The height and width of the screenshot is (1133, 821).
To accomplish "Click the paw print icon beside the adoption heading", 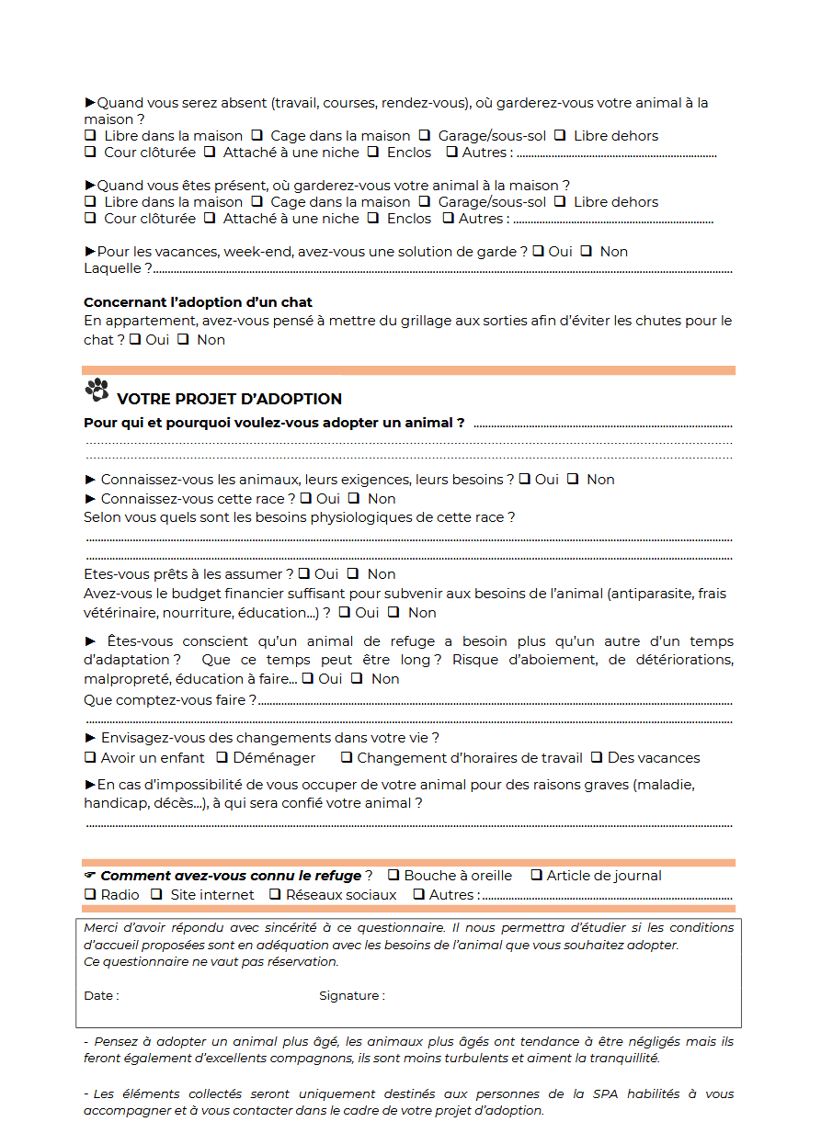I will [x=97, y=390].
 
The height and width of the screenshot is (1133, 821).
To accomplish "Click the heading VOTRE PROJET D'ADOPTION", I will [x=229, y=399].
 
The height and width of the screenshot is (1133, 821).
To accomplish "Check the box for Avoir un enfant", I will [x=90, y=758].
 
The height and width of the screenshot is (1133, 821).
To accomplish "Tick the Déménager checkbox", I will [x=222, y=758].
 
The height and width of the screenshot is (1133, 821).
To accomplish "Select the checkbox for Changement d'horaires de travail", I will [x=347, y=758].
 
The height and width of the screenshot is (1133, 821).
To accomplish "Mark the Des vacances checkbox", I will [x=597, y=758].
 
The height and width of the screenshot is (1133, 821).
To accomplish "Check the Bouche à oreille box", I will [x=393, y=876].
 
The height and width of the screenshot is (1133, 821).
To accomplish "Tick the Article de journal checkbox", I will [x=537, y=876].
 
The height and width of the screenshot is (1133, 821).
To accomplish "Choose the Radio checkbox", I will [x=90, y=894].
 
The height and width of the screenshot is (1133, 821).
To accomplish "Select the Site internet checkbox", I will [x=156, y=894].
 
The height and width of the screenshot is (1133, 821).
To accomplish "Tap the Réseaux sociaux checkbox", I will [x=275, y=894].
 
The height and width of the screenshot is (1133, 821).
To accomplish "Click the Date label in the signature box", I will [x=101, y=995].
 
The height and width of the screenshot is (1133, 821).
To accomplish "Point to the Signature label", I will [x=351, y=995].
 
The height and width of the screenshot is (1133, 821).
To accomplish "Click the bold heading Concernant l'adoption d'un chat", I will [x=198, y=302].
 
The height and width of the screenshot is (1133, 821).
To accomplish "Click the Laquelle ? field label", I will [x=118, y=268].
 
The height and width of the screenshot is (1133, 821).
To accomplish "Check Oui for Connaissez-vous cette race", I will [x=305, y=499].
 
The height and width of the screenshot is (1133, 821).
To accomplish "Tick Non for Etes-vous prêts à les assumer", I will [x=352, y=574].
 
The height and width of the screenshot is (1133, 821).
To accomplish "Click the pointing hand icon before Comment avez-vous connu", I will [x=89, y=876].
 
